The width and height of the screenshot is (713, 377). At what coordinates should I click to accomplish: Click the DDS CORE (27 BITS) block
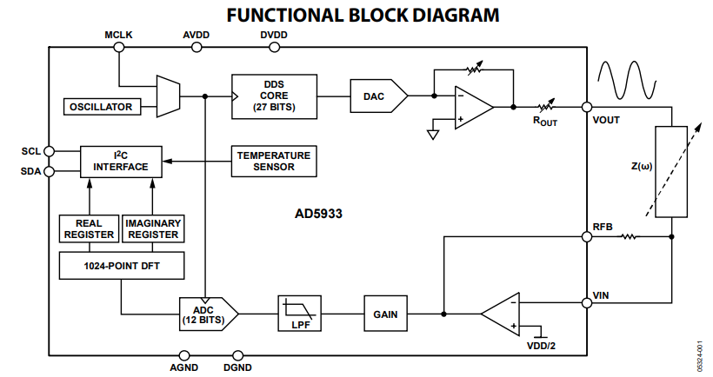click(x=274, y=95)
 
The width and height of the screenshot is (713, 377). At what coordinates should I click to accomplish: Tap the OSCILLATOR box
click(x=103, y=107)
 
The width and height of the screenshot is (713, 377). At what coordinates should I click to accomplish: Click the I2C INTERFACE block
click(x=121, y=161)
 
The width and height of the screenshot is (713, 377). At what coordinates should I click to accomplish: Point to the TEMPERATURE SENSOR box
click(x=273, y=161)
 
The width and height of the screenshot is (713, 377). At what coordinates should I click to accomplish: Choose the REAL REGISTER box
click(x=88, y=228)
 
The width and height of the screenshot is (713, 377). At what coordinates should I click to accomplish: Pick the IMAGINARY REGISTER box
click(x=152, y=228)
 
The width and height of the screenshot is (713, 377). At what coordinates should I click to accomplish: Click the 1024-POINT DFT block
click(x=121, y=265)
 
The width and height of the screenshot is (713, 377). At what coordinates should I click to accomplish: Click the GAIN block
click(x=385, y=314)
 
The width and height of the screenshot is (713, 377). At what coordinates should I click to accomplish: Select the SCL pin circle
click(x=48, y=150)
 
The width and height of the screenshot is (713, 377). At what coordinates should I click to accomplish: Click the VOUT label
click(x=606, y=120)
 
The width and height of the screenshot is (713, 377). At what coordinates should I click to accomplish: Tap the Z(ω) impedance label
click(x=642, y=166)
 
